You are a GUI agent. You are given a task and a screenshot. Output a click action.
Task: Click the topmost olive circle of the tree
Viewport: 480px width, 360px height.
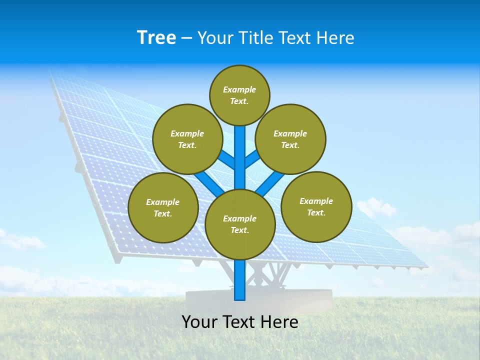(239, 95)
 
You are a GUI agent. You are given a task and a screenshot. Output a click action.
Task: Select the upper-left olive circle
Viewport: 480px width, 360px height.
(187, 139)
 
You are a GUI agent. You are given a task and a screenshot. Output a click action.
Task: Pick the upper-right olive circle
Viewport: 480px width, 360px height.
(290, 139)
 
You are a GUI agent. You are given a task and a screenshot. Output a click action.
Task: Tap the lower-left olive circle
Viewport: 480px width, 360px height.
(163, 207)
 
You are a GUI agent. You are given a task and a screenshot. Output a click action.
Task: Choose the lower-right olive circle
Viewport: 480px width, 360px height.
(316, 206)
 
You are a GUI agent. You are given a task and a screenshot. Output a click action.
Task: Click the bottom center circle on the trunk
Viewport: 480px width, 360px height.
(240, 224)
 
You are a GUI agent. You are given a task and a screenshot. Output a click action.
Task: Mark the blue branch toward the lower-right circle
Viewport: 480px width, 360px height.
(269, 182)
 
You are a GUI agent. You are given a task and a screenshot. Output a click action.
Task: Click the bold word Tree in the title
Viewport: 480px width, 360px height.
(156, 37)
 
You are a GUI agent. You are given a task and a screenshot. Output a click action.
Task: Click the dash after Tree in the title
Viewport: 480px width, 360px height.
(187, 38)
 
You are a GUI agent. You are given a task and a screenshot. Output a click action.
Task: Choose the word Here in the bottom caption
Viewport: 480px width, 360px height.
(279, 322)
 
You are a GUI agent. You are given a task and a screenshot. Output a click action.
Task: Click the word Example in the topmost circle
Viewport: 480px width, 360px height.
(239, 89)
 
